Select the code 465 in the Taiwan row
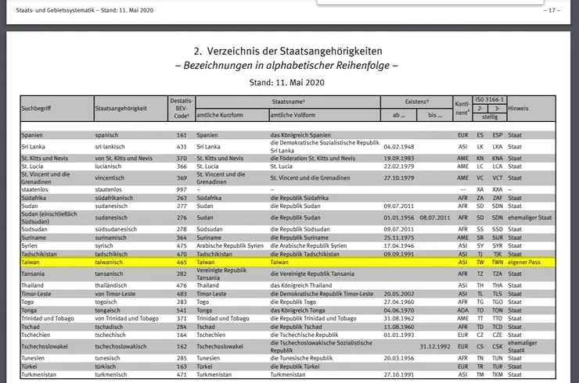pos(182,263)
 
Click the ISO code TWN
pos(498,263)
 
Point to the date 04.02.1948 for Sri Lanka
pos(397,146)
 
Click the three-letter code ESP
pos(498,135)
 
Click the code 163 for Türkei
pos(182,365)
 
